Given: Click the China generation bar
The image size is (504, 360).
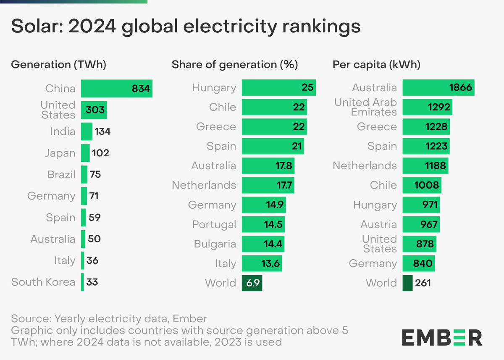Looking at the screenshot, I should [116, 89].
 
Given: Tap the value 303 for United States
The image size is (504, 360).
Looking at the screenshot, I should [95, 110].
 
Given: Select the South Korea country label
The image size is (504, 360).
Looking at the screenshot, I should [43, 282].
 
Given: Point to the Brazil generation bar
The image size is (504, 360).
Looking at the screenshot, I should [84, 174].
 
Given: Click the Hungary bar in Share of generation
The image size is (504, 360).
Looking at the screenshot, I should [278, 88].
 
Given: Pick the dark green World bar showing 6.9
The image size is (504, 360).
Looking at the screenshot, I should [252, 283].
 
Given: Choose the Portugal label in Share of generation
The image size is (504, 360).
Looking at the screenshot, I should [214, 224].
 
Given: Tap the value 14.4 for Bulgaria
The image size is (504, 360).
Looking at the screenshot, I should [273, 244].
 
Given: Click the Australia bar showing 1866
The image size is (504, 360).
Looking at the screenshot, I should [438, 88].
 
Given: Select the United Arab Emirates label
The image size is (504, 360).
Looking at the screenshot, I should [365, 107].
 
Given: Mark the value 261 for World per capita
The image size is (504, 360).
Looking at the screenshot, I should [423, 283].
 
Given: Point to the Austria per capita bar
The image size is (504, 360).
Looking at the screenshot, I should [421, 224].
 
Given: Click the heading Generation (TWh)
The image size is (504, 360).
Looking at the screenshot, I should [58, 65].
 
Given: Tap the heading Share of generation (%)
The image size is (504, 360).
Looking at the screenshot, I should [235, 65].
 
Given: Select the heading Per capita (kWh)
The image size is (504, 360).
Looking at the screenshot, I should [376, 65].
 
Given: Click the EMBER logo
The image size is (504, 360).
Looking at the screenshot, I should [442, 337].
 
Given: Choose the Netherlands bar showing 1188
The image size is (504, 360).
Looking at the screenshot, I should [425, 166].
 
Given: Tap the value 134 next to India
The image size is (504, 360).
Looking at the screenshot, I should [102, 131].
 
